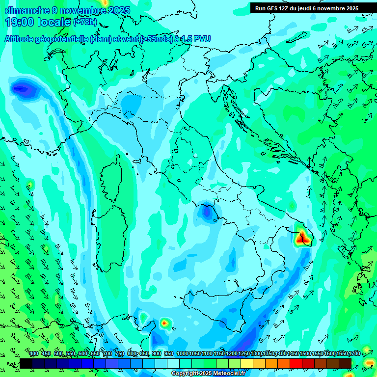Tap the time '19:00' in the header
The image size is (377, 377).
coord(20,22)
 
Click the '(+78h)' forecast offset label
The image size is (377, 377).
coord(85,22)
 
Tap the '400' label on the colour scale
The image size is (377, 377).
coord(34,353)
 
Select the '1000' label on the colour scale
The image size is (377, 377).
coord(182,353)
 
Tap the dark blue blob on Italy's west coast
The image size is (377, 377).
coord(207,212)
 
